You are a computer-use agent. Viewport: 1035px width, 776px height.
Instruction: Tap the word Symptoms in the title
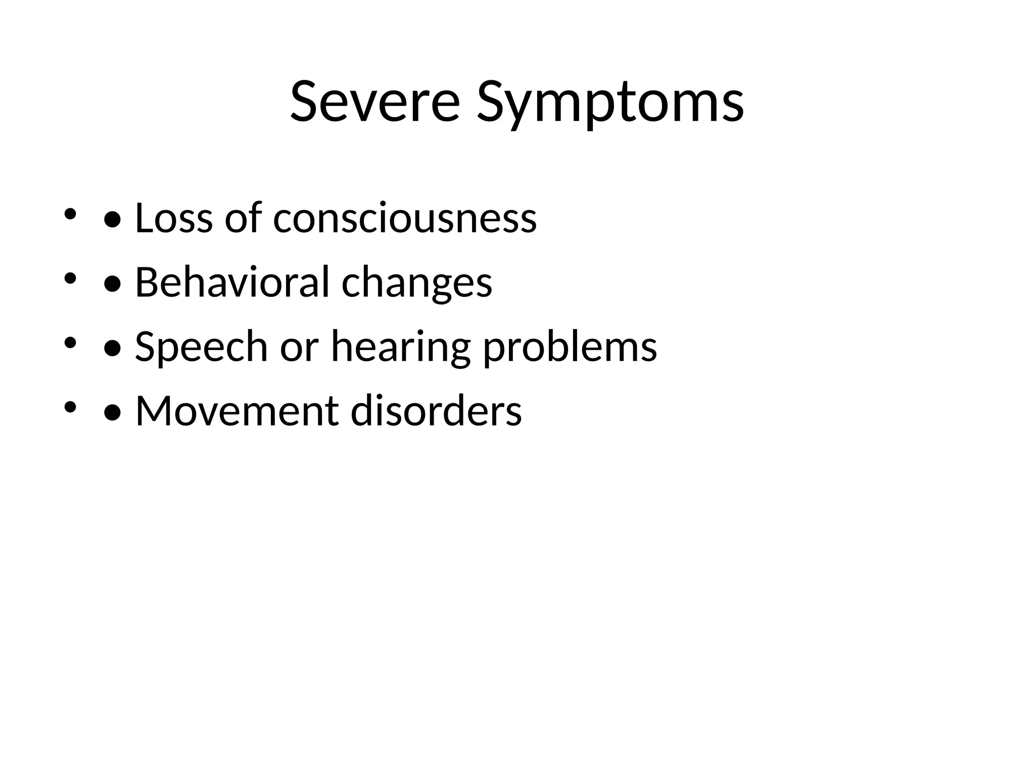coord(610,103)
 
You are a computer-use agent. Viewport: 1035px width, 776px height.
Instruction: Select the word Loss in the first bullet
coord(174,218)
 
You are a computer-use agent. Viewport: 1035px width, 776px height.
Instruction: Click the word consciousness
coord(405,218)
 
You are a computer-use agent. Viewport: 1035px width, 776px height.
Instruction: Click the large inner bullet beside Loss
coord(112,220)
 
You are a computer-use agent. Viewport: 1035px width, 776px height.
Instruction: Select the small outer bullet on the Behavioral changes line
coord(70,278)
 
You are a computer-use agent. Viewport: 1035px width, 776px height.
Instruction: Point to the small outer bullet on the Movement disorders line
coord(70,406)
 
